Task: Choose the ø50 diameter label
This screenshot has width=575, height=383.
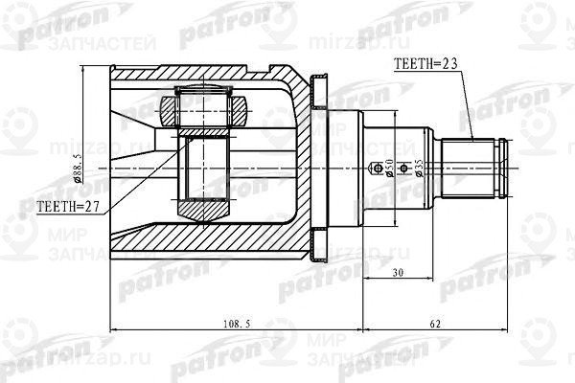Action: coord(389,169)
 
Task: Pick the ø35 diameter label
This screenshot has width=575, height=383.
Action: coord(418,169)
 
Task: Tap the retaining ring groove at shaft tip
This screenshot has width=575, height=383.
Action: coord(497,168)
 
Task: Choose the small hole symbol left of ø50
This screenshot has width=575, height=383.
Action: coord(373,169)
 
